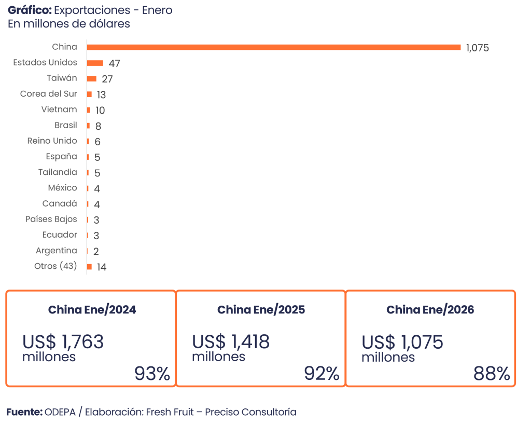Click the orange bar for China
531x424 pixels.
pyautogui.click(x=274, y=47)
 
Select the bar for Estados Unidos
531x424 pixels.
pyautogui.click(x=95, y=63)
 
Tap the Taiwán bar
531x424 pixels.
pyautogui.click(x=92, y=78)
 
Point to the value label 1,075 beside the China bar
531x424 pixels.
pyautogui.click(x=477, y=48)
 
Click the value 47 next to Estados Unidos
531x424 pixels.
pyautogui.click(x=115, y=63)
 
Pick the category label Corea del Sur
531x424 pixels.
pyautogui.click(x=49, y=94)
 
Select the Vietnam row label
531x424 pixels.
pyautogui.click(x=59, y=110)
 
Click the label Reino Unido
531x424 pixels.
pyautogui.click(x=52, y=141)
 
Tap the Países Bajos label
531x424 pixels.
pyautogui.click(x=51, y=219)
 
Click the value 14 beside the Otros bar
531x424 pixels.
pyautogui.click(x=102, y=267)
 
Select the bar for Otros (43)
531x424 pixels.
pyautogui.click(x=90, y=267)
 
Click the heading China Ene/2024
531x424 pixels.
pyautogui.click(x=92, y=310)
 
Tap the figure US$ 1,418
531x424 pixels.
pyautogui.click(x=231, y=341)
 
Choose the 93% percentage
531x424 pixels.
pyautogui.click(x=152, y=374)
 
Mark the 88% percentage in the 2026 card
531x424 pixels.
pyautogui.click(x=492, y=374)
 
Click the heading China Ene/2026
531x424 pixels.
pyautogui.click(x=430, y=310)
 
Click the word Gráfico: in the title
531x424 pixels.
pyautogui.click(x=30, y=10)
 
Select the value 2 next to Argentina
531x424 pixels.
pyautogui.click(x=96, y=252)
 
